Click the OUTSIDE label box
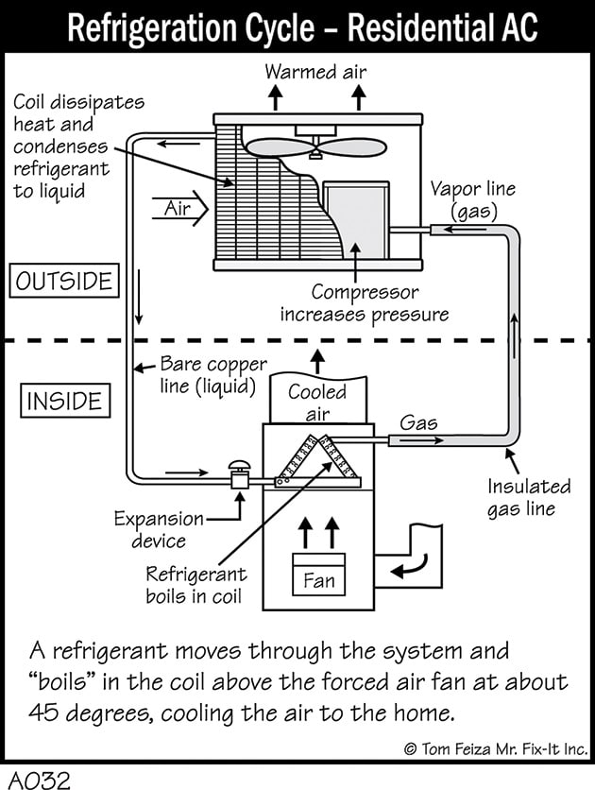pyautogui.click(x=64, y=280)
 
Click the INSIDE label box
pyautogui.click(x=65, y=401)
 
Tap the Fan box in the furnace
pyautogui.click(x=318, y=575)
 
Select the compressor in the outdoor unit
pyautogui.click(x=356, y=219)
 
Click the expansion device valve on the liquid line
pyautogui.click(x=240, y=474)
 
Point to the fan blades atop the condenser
pyautogui.click(x=315, y=147)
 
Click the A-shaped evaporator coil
pyautogui.click(x=318, y=462)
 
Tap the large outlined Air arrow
pyautogui.click(x=180, y=208)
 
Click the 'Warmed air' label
pyautogui.click(x=315, y=72)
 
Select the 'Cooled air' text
pyautogui.click(x=317, y=403)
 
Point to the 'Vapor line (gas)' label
pyautogui.click(x=473, y=199)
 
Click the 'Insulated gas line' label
pyautogui.click(x=529, y=497)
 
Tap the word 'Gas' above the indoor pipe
pyautogui.click(x=418, y=422)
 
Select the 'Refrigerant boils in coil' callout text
pyautogui.click(x=196, y=585)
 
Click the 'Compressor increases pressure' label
pyautogui.click(x=365, y=303)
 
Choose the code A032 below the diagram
pyautogui.click(x=40, y=779)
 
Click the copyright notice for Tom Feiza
pyautogui.click(x=496, y=748)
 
